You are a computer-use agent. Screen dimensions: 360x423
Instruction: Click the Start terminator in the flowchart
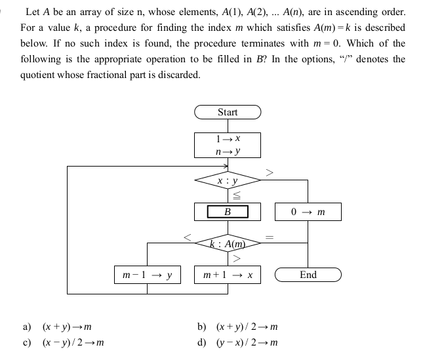click(228, 112)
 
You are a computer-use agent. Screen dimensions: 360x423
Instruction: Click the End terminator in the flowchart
click(308, 275)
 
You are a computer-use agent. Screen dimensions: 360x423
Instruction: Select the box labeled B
click(228, 212)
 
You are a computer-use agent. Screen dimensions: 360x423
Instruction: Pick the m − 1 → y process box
click(146, 275)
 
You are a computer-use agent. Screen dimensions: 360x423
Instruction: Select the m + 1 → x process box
click(228, 275)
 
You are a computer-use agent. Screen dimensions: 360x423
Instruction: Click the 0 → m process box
click(308, 212)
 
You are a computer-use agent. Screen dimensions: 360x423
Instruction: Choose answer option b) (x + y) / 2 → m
click(238, 326)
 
